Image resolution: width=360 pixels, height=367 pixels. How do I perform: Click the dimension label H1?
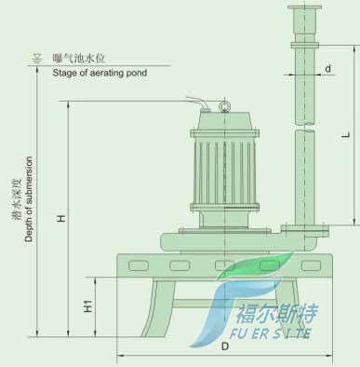pos(88,306)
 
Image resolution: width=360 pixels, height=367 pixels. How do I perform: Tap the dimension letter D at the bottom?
pos(225,347)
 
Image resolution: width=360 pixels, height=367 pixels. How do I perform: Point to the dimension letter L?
pos(346,135)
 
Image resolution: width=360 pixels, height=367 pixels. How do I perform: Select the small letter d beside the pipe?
pos(328,68)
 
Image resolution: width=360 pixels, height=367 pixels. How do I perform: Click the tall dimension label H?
pos(61,218)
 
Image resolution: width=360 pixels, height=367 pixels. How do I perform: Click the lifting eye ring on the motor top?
pos(223,106)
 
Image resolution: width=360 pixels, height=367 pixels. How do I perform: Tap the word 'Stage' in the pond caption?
pos(62,73)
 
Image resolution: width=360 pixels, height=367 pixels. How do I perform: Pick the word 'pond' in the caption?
pos(137,73)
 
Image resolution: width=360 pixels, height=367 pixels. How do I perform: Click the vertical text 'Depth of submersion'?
pos(29,199)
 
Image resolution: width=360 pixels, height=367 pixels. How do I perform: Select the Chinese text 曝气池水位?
pos(78,58)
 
